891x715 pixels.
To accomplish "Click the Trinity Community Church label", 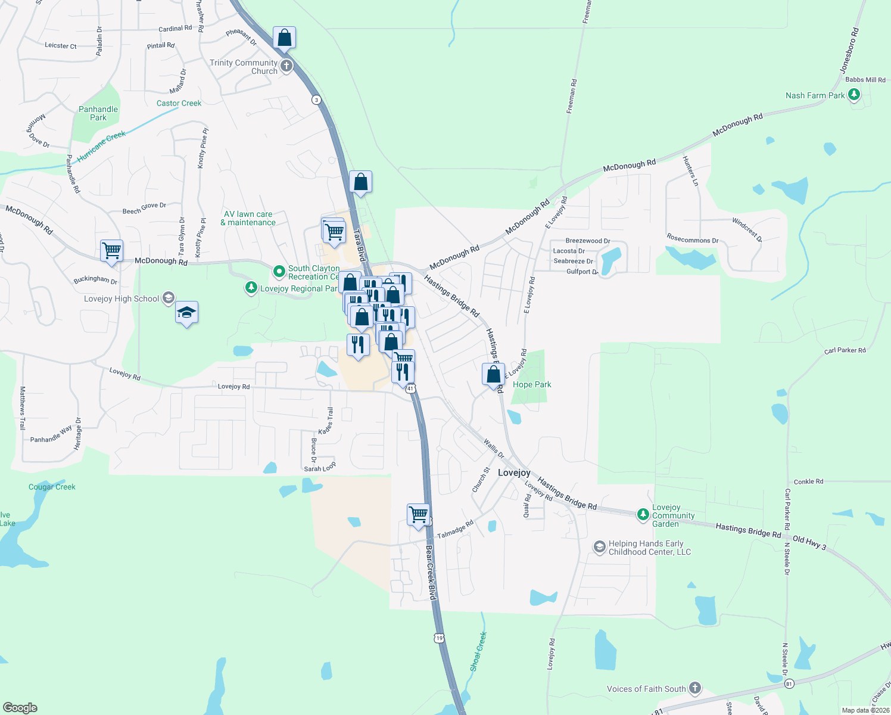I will pyautogui.click(x=244, y=67).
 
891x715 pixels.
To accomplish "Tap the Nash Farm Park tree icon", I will pyautogui.click(x=854, y=95).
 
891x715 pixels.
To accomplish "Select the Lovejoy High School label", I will pyautogui.click(x=121, y=299).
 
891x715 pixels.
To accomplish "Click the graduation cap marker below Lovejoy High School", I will pyautogui.click(x=186, y=313).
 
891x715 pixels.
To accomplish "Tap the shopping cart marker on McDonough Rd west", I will pyautogui.click(x=111, y=251).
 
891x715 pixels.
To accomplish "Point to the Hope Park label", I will pyautogui.click(x=532, y=384).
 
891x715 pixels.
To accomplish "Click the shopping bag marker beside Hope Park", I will pyautogui.click(x=494, y=375).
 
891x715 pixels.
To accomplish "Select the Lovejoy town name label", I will pyautogui.click(x=514, y=472).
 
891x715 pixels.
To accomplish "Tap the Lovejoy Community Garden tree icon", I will pyautogui.click(x=643, y=514).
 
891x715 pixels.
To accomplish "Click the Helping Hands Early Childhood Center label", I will pyautogui.click(x=649, y=548).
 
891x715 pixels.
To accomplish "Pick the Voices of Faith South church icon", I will pyautogui.click(x=695, y=688).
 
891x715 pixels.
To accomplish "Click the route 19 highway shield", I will pyautogui.click(x=440, y=638).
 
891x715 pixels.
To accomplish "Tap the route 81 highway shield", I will pyautogui.click(x=789, y=683).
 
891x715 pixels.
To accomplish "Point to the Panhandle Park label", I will pyautogui.click(x=98, y=113).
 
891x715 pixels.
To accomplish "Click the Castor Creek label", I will pyautogui.click(x=179, y=103).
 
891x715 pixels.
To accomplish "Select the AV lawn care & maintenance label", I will pyautogui.click(x=248, y=218).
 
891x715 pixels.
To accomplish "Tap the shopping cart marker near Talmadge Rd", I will pyautogui.click(x=419, y=515).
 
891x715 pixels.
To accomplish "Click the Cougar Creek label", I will pyautogui.click(x=52, y=487).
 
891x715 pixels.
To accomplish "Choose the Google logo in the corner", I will pyautogui.click(x=20, y=708).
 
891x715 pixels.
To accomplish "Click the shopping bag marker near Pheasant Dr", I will pyautogui.click(x=285, y=38).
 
